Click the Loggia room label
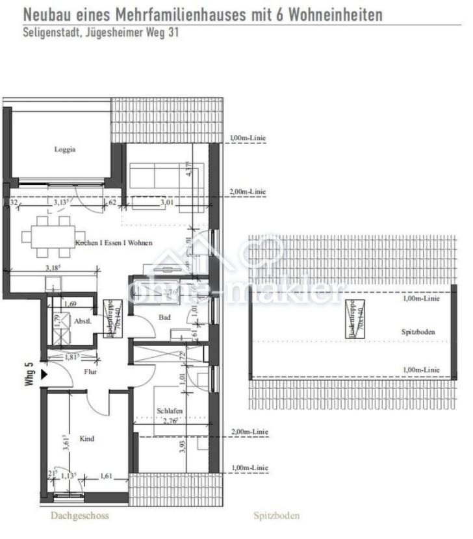(65, 149)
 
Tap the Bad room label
(164, 317)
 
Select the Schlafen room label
(169, 410)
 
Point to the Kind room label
(86, 439)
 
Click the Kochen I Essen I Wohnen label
(114, 243)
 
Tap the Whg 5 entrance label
(29, 375)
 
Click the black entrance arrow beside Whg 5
(44, 375)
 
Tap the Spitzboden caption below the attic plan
(277, 516)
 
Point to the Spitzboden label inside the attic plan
(418, 332)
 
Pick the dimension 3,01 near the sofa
(168, 202)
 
